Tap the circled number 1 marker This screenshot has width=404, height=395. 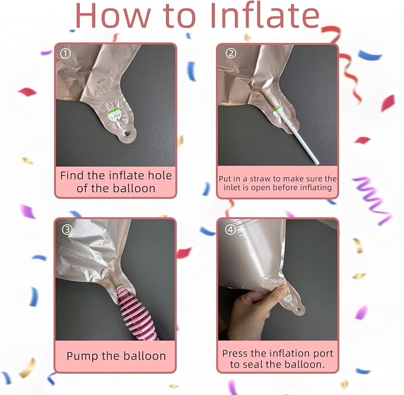click(65, 54)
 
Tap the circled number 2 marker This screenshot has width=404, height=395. click(231, 54)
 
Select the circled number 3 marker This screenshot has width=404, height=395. click(67, 229)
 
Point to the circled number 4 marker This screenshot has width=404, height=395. click(230, 229)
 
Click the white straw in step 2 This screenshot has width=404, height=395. click(297, 137)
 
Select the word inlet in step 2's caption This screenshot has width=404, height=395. click(231, 187)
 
